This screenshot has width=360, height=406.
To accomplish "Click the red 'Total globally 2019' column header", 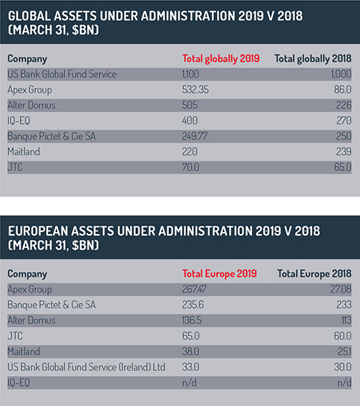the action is pyautogui.click(x=220, y=59).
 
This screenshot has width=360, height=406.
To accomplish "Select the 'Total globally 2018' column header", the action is pyautogui.click(x=313, y=59).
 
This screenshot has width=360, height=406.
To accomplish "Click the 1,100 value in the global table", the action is pyautogui.click(x=191, y=74).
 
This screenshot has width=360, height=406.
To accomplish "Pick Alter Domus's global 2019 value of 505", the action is pyautogui.click(x=190, y=105).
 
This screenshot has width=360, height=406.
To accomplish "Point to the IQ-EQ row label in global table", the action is pyautogui.click(x=19, y=121).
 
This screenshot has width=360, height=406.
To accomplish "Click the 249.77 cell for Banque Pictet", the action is pyautogui.click(x=195, y=136).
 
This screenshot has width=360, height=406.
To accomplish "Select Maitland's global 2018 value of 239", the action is pyautogui.click(x=344, y=152).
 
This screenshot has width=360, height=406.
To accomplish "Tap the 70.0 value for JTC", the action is pyautogui.click(x=191, y=168).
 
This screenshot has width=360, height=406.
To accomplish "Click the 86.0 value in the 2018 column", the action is pyautogui.click(x=343, y=90).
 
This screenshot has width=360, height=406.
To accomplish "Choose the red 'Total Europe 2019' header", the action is pyautogui.click(x=220, y=274).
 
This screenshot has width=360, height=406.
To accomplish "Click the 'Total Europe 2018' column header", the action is pyautogui.click(x=314, y=274).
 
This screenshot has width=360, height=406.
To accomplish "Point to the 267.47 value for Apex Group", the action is pyautogui.click(x=195, y=289).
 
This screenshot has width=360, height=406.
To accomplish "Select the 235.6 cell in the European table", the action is pyautogui.click(x=193, y=305).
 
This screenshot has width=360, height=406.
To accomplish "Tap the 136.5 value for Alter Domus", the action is pyautogui.click(x=192, y=320).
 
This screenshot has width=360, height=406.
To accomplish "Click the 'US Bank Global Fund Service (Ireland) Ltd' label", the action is pyautogui.click(x=86, y=367).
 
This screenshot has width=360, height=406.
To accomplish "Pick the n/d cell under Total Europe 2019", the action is pyautogui.click(x=189, y=382).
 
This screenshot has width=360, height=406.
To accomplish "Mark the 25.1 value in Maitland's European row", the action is pyautogui.click(x=344, y=352).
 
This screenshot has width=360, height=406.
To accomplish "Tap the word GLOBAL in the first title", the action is pyautogui.click(x=29, y=16).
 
